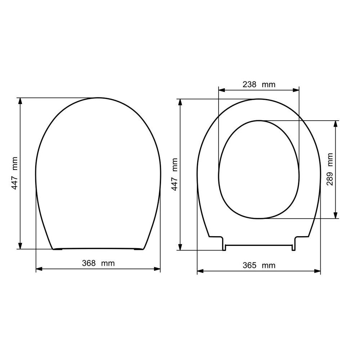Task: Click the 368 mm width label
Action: click(x=98, y=263)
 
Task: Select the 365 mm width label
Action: click(x=259, y=265)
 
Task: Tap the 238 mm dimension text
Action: click(x=259, y=85)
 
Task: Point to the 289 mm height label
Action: click(x=330, y=169)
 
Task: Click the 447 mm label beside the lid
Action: click(x=15, y=173)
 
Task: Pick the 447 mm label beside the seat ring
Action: click(x=175, y=174)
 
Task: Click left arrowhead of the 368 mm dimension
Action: click(x=39, y=269)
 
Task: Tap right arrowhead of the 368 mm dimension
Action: click(x=157, y=269)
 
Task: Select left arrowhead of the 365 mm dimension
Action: click(x=200, y=271)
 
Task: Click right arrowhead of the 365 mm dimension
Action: click(x=318, y=271)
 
